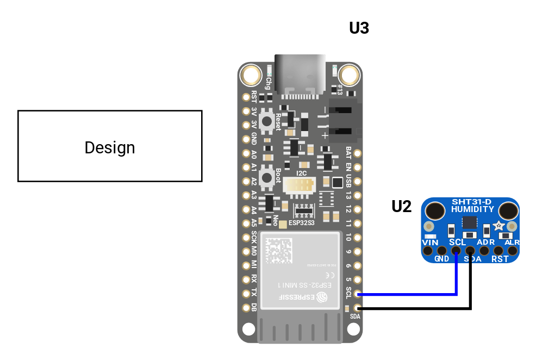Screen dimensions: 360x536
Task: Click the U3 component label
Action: tap(359, 28)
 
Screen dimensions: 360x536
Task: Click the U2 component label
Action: tap(401, 207)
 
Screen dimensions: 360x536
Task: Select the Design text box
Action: tap(110, 146)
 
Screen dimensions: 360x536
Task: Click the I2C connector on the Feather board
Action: tap(301, 187)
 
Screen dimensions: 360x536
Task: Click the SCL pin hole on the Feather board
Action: tap(357, 294)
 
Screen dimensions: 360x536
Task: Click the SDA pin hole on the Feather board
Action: tap(357, 308)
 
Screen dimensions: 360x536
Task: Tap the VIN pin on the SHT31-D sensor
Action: tap(428, 251)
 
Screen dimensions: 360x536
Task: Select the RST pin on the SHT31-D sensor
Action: tap(498, 251)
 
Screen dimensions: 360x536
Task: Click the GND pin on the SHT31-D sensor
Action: tap(442, 251)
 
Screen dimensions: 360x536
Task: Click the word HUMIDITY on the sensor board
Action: tap(472, 209)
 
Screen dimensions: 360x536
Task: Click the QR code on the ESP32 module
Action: tap(278, 251)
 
